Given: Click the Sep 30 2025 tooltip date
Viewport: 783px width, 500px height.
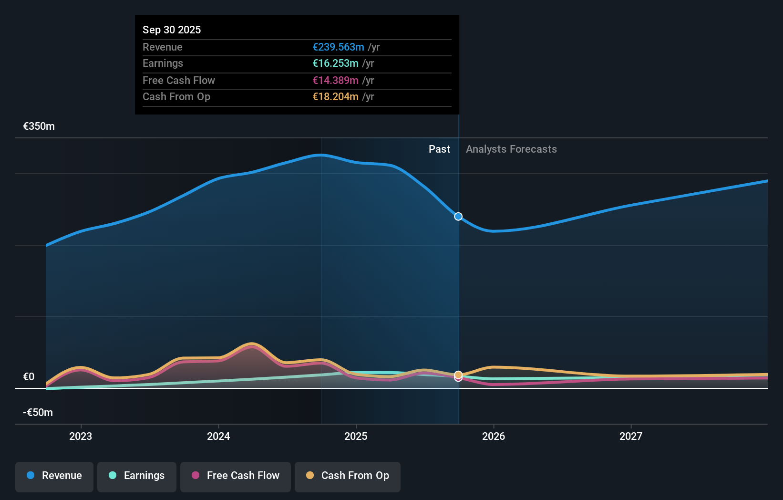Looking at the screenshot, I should coord(172,30).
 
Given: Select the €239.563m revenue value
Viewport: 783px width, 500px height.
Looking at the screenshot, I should coord(338,47).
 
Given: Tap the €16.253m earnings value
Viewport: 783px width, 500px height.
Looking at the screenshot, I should coord(335,63).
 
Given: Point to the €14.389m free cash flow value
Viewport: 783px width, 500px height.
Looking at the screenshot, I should coord(335,80).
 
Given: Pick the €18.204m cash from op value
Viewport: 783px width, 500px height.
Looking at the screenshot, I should coord(335,96).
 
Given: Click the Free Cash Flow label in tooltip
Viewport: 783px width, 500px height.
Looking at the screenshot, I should coord(179,80).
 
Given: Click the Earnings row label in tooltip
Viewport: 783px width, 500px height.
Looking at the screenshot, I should coord(163,63).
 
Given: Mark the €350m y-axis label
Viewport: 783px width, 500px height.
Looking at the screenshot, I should coord(39,126).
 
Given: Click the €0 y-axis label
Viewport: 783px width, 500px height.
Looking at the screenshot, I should coord(29,376).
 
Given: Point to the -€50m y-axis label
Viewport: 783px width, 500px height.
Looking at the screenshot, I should coord(38,412).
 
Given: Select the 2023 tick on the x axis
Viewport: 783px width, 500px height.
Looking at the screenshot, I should coord(81,436).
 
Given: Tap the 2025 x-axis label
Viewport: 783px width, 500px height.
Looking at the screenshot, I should coord(356,436).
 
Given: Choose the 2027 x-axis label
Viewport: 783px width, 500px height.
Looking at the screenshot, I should coord(630,436).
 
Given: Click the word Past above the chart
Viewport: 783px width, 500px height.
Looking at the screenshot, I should coord(439,149).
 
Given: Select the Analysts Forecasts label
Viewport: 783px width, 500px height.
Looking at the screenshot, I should coord(511,149).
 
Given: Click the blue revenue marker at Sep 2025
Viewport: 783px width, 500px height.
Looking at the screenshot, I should coord(458,217).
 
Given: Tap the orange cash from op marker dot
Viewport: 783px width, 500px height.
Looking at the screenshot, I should coord(458,375).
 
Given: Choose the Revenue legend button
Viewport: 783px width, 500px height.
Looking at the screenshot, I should coord(54,476).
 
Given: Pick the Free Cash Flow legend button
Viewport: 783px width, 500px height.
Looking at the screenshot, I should coord(236,476).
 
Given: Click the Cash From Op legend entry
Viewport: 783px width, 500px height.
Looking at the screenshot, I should coord(348,476).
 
